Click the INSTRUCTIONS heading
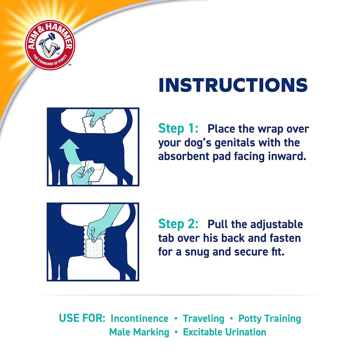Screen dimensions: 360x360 coord(233,85)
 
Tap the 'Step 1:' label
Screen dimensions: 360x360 coord(178,128)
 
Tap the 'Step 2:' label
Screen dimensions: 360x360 coord(178,224)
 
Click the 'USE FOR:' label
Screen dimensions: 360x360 coord(82,318)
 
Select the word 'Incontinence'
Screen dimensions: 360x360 coord(139,319)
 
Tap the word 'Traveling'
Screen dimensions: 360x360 coord(204,319)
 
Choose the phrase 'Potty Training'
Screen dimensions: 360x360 coord(269,319)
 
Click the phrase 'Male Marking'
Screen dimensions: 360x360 coord(139,332)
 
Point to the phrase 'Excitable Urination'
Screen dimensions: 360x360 coord(225,332)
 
